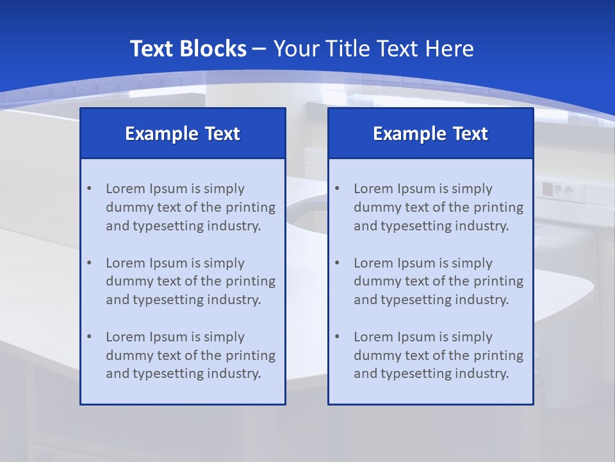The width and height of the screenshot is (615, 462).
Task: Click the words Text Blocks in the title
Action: tap(188, 49)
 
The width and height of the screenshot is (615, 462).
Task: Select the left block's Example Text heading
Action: tap(183, 133)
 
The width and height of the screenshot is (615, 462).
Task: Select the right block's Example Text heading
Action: tap(430, 133)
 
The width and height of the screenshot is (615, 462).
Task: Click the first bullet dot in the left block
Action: tap(89, 189)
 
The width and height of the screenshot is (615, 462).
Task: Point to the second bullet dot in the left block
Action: tap(89, 263)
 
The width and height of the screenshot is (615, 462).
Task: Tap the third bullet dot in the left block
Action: tap(89, 337)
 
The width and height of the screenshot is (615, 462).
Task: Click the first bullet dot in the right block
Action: tap(337, 189)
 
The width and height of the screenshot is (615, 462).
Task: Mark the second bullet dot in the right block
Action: tap(337, 263)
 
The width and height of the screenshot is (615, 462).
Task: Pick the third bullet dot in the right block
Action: tap(337, 337)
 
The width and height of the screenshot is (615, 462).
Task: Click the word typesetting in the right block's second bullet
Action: tap(414, 300)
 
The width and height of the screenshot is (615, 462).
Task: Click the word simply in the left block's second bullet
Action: tap(224, 263)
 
